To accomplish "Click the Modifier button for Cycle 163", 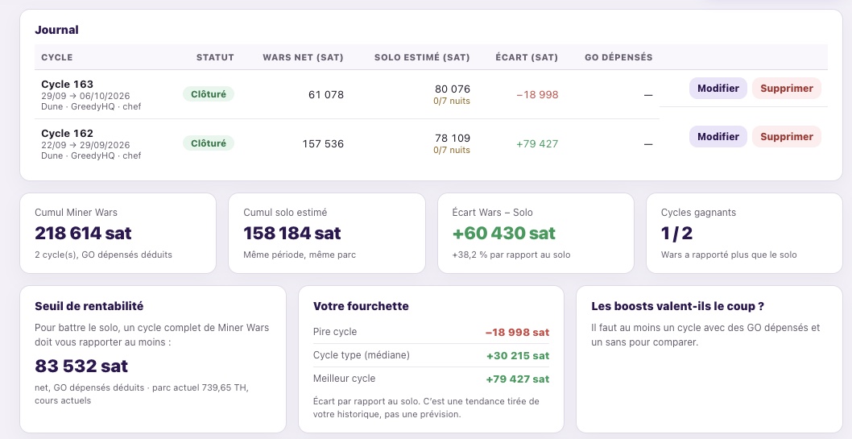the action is (x=718, y=88).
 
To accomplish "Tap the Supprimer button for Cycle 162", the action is (x=786, y=136).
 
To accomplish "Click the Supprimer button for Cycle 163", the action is (x=786, y=88).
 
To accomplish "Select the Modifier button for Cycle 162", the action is (x=718, y=136).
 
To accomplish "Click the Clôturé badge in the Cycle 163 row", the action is (x=209, y=94).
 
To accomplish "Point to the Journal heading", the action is (x=56, y=30).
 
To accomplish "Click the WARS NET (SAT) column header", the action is (x=303, y=57).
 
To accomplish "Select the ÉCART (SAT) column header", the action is (x=527, y=57).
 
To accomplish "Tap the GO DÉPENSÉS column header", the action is (x=618, y=57).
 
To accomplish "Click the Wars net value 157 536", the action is (x=323, y=143).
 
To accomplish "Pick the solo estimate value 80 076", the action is (x=452, y=89).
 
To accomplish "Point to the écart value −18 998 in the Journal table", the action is (x=537, y=94).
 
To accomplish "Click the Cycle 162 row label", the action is (x=67, y=133).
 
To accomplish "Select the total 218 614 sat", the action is (x=83, y=233).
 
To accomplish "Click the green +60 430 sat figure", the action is (x=503, y=233).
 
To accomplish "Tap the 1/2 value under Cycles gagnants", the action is (x=676, y=233).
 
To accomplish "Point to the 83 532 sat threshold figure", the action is (x=81, y=366).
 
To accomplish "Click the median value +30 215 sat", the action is (x=517, y=356).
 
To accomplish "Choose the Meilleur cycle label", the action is (x=344, y=378).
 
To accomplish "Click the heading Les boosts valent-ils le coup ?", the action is (x=677, y=306).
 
